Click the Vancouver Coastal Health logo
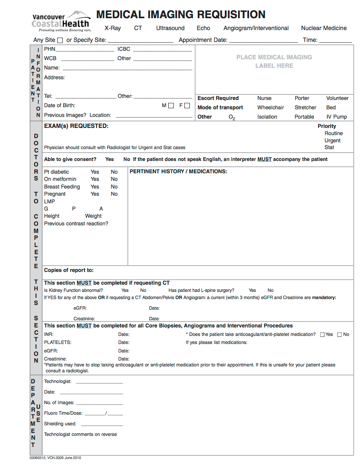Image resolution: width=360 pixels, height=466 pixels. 61,22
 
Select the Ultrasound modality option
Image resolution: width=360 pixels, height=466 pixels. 170,28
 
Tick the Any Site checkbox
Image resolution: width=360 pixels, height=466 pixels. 60,40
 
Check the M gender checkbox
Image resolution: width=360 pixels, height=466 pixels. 171,106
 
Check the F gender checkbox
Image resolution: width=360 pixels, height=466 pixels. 187,106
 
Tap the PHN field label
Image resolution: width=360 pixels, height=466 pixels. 50,49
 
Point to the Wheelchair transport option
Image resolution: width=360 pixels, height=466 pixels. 270,108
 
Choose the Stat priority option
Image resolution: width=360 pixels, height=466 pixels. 329,147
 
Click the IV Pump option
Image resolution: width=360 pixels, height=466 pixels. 336,117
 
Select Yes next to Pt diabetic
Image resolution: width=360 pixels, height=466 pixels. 95,172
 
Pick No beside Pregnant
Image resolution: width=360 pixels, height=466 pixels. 114,194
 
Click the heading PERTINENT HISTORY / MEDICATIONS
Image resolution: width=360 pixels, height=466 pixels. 178,172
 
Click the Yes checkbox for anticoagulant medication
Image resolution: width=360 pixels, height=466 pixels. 322,335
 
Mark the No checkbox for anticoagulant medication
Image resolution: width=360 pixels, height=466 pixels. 339,335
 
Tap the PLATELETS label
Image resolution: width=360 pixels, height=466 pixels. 58,342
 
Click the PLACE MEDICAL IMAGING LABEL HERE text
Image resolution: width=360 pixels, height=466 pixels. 274,61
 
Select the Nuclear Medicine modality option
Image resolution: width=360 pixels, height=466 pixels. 324,28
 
